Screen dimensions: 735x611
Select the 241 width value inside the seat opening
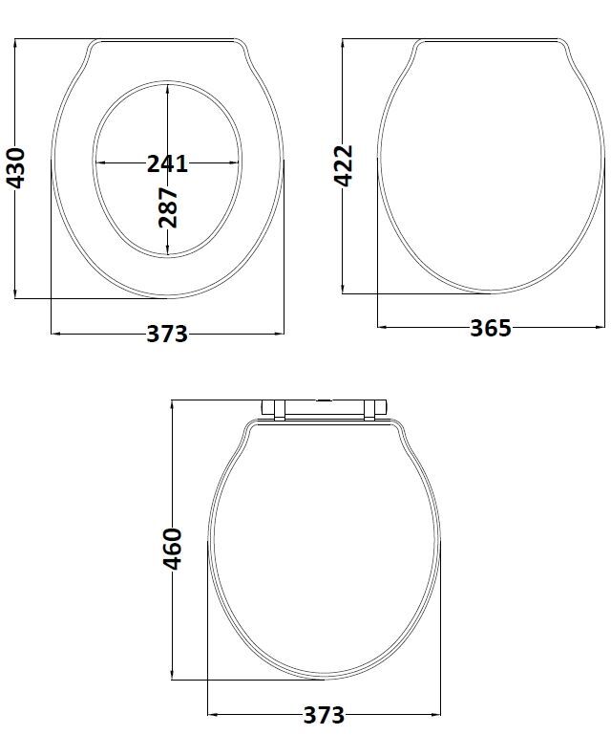167,163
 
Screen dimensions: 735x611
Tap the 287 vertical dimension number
168,207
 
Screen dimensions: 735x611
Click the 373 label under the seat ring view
167,334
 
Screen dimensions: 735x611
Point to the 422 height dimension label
345,164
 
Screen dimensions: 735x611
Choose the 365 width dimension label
491,328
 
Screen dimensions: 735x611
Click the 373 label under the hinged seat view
324,714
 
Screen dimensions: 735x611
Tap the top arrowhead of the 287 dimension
168,88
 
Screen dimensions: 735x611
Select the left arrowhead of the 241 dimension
100,163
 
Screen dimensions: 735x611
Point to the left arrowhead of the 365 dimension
382,328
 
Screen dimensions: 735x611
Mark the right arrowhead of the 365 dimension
600,328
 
